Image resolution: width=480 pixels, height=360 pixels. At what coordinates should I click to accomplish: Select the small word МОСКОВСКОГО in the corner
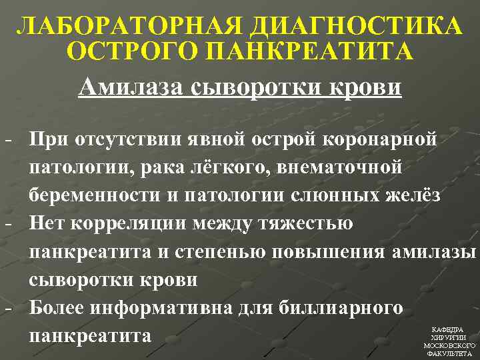[x=449, y=346]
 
